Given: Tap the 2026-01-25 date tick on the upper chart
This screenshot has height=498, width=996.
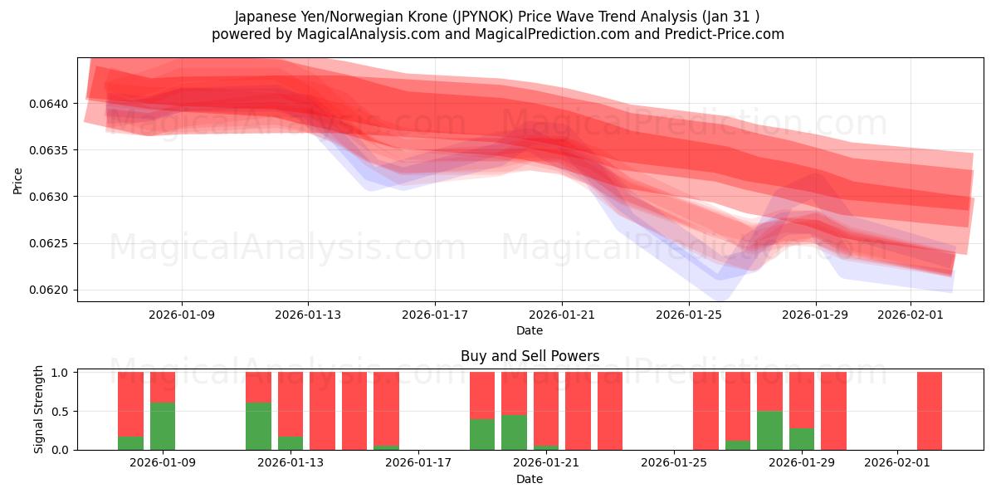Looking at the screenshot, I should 688,315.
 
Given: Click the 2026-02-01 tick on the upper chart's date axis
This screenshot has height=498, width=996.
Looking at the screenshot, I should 911,315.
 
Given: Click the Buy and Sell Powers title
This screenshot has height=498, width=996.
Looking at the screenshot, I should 530,356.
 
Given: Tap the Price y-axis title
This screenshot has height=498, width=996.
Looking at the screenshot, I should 18,180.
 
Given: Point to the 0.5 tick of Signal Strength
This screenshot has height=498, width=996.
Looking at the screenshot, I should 61,412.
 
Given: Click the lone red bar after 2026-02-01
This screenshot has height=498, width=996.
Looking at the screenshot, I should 929,411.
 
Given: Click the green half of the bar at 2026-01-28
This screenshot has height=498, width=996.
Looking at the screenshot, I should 769,430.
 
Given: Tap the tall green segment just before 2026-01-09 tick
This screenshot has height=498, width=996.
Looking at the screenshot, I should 163,426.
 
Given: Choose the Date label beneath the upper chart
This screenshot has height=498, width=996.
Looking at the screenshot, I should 530,330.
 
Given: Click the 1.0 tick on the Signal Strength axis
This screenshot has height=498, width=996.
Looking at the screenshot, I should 61,373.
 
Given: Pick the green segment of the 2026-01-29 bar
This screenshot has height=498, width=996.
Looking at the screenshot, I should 801,439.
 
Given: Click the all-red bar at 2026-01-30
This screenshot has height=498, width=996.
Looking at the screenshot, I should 833,411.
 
